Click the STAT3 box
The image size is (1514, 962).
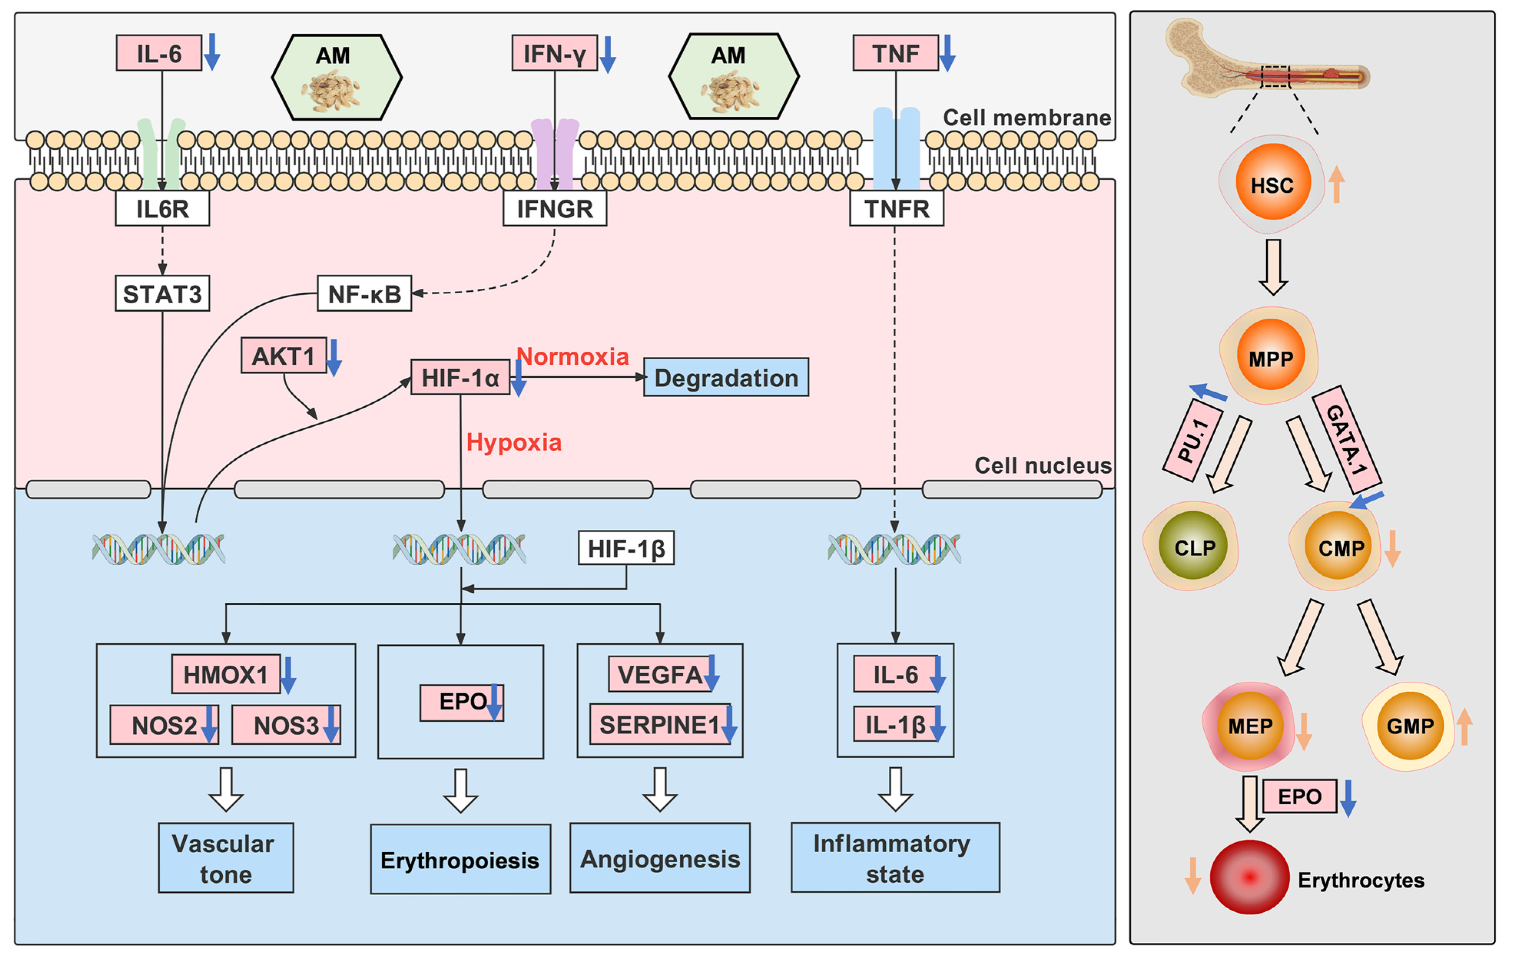click(162, 293)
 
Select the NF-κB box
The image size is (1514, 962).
click(364, 293)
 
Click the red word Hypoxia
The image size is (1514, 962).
click(513, 442)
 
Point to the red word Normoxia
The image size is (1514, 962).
click(572, 356)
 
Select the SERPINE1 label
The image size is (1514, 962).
click(659, 724)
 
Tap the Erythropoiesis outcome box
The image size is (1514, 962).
click(460, 860)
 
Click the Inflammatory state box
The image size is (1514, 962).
click(895, 858)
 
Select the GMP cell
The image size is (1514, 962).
click(1409, 726)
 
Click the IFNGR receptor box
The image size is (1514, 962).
click(555, 208)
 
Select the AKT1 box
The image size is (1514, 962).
click(283, 355)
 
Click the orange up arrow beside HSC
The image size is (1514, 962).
click(1336, 183)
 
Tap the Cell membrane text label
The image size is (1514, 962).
click(1027, 117)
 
